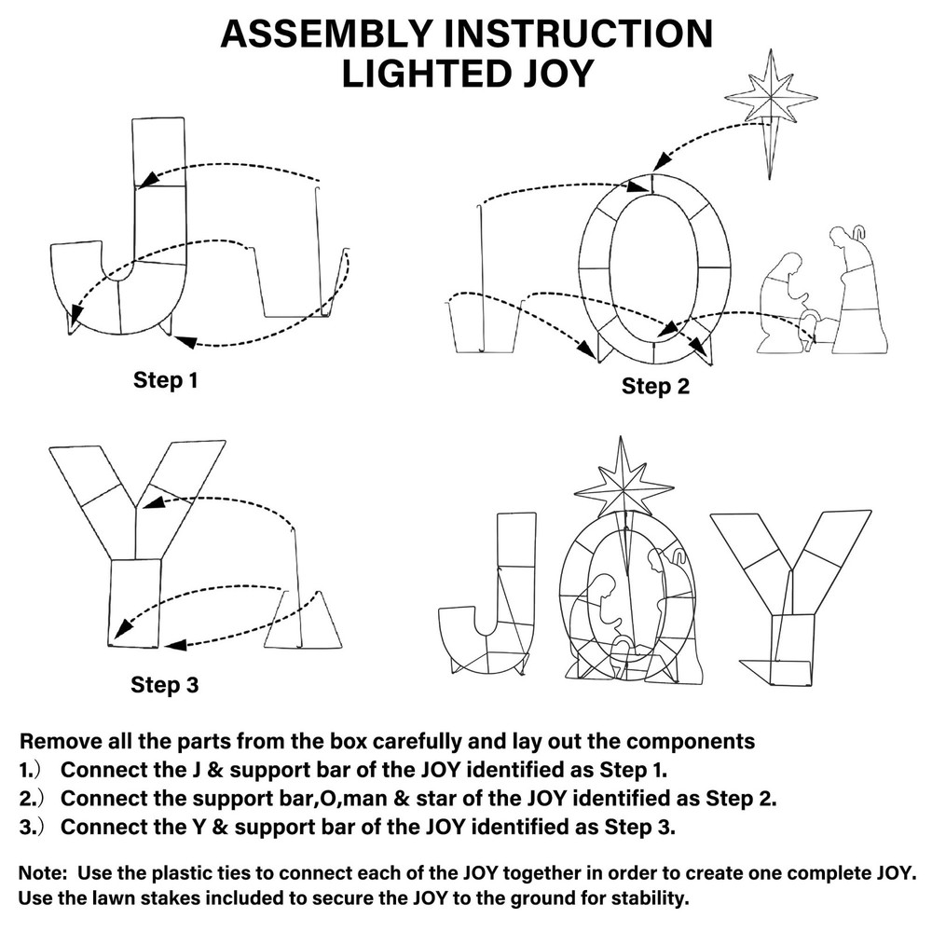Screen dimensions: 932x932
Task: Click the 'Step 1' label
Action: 166,380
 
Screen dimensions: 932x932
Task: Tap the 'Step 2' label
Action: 655,386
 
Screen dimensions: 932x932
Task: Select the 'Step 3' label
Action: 165,686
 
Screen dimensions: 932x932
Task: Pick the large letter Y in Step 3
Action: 137,541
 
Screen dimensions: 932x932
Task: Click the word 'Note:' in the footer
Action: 44,875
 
